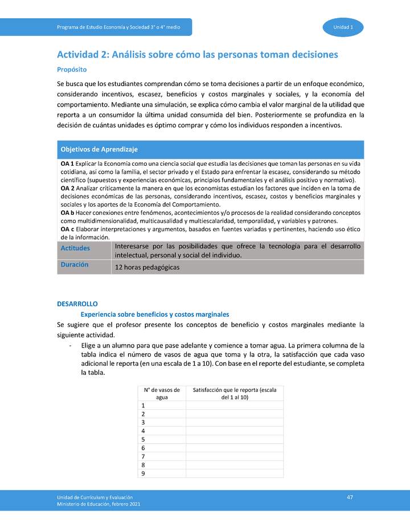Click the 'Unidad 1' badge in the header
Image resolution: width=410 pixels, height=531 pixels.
click(343, 27)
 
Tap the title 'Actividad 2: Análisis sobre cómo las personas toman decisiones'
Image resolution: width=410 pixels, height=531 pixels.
click(198, 55)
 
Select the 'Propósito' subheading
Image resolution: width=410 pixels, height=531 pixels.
click(72, 70)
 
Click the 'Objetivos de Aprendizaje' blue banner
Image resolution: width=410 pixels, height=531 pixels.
click(99, 149)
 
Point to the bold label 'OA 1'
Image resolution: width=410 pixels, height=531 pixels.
click(67, 164)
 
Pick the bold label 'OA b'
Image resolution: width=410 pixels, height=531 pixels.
click(67, 213)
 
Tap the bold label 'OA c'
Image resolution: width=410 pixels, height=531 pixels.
click(67, 229)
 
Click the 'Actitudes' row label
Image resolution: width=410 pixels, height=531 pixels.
click(75, 247)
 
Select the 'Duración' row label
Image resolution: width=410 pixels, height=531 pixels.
click(74, 264)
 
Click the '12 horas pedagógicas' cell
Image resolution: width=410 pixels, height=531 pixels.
click(147, 267)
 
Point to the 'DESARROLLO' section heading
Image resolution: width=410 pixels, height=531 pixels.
click(77, 304)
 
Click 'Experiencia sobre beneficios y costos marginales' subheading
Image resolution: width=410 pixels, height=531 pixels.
click(155, 314)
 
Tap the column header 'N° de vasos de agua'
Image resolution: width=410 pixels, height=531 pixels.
click(162, 393)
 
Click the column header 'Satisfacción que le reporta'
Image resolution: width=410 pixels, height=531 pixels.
click(235, 393)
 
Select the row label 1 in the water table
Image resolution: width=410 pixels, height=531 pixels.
click(142, 405)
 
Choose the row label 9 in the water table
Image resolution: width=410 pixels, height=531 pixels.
click(142, 473)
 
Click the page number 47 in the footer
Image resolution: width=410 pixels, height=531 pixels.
click(350, 497)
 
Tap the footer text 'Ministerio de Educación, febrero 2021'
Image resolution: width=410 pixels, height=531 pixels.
click(99, 504)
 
